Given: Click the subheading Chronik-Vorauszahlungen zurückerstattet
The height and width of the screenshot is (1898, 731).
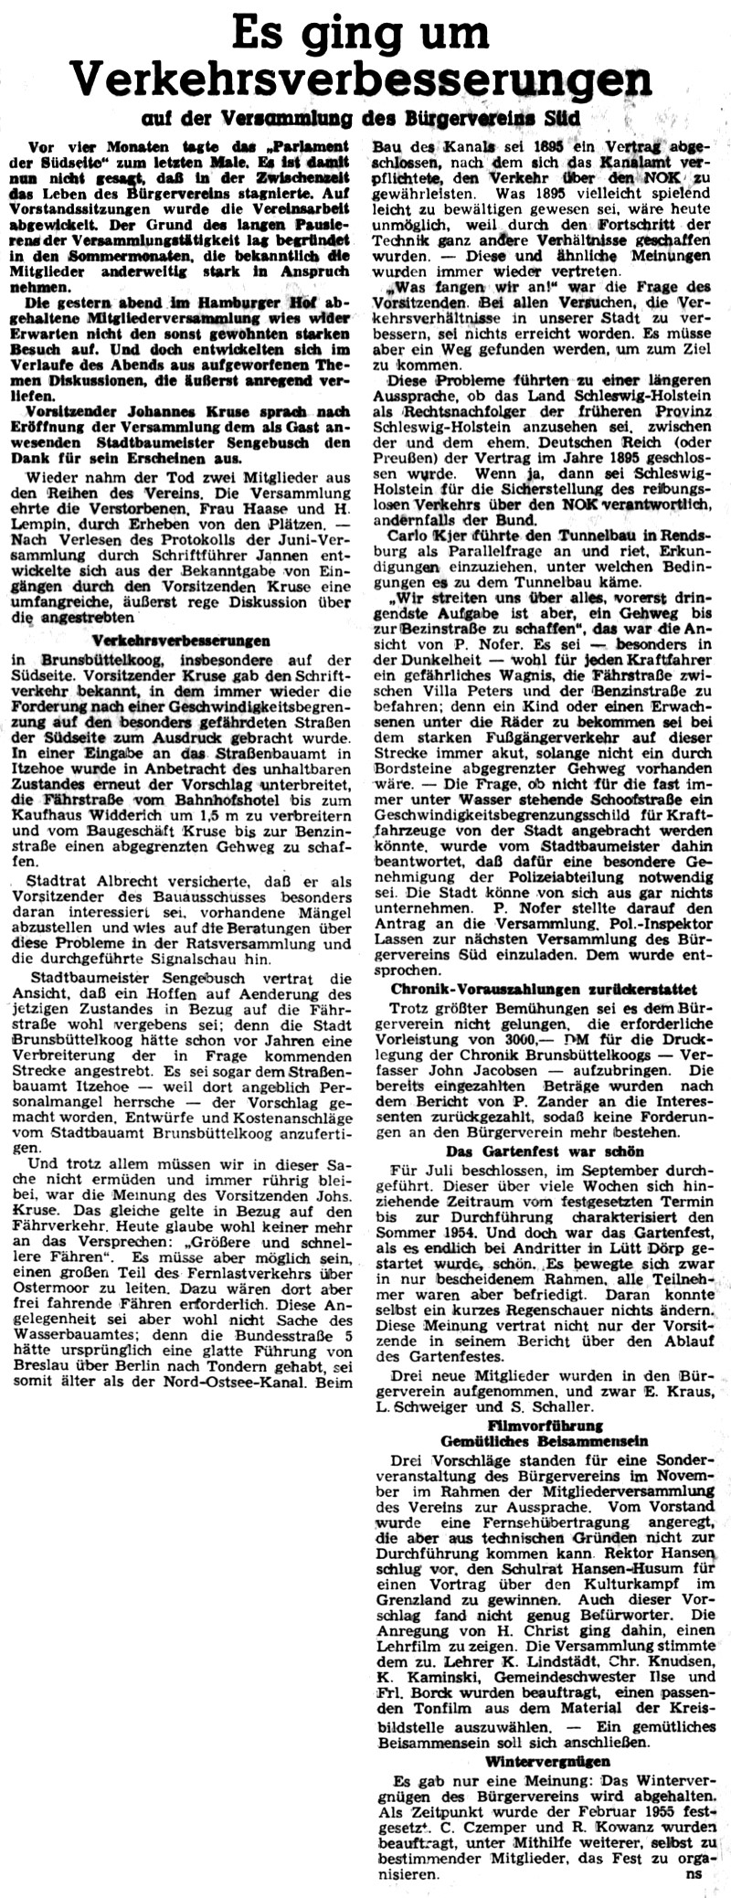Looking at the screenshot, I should pyautogui.click(x=544, y=989).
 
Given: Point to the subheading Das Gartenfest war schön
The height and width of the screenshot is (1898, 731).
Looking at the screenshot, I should pyautogui.click(x=544, y=1150).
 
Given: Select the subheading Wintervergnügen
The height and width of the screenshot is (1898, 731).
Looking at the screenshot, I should pyautogui.click(x=545, y=1778).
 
